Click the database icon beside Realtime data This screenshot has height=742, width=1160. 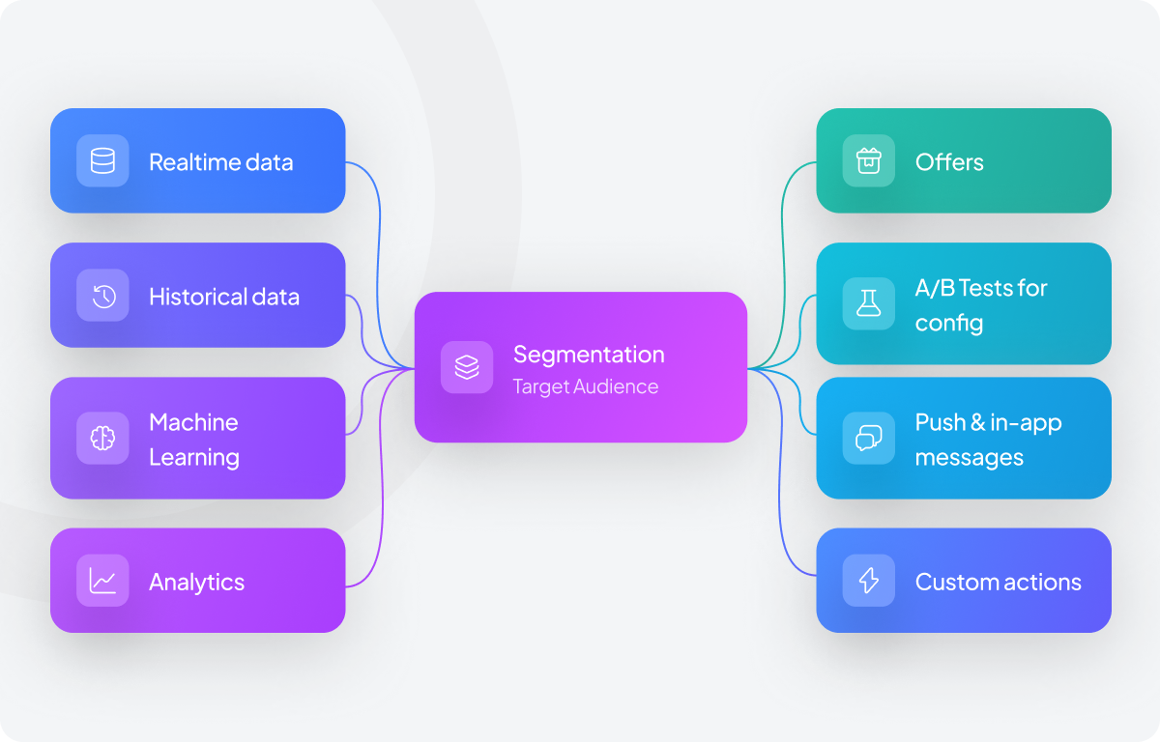[102, 161]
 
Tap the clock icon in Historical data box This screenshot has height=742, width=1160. [102, 296]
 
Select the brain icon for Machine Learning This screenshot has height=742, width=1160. [102, 439]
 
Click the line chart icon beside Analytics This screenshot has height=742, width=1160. [102, 581]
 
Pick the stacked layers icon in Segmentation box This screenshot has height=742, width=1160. [467, 367]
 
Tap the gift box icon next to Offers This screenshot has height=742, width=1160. [868, 160]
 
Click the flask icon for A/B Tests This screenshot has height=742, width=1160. [868, 303]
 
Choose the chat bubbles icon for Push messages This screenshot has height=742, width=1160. [868, 439]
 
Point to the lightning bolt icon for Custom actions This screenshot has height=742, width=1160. [868, 581]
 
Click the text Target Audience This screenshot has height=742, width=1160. [585, 386]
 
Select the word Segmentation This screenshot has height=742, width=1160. [588, 355]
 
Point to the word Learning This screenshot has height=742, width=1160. [193, 457]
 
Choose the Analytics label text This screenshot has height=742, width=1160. [196, 583]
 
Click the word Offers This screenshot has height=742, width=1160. [949, 162]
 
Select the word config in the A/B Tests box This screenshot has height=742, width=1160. [948, 323]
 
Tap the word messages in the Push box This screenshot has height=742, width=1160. [969, 457]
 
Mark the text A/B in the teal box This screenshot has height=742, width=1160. [933, 288]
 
